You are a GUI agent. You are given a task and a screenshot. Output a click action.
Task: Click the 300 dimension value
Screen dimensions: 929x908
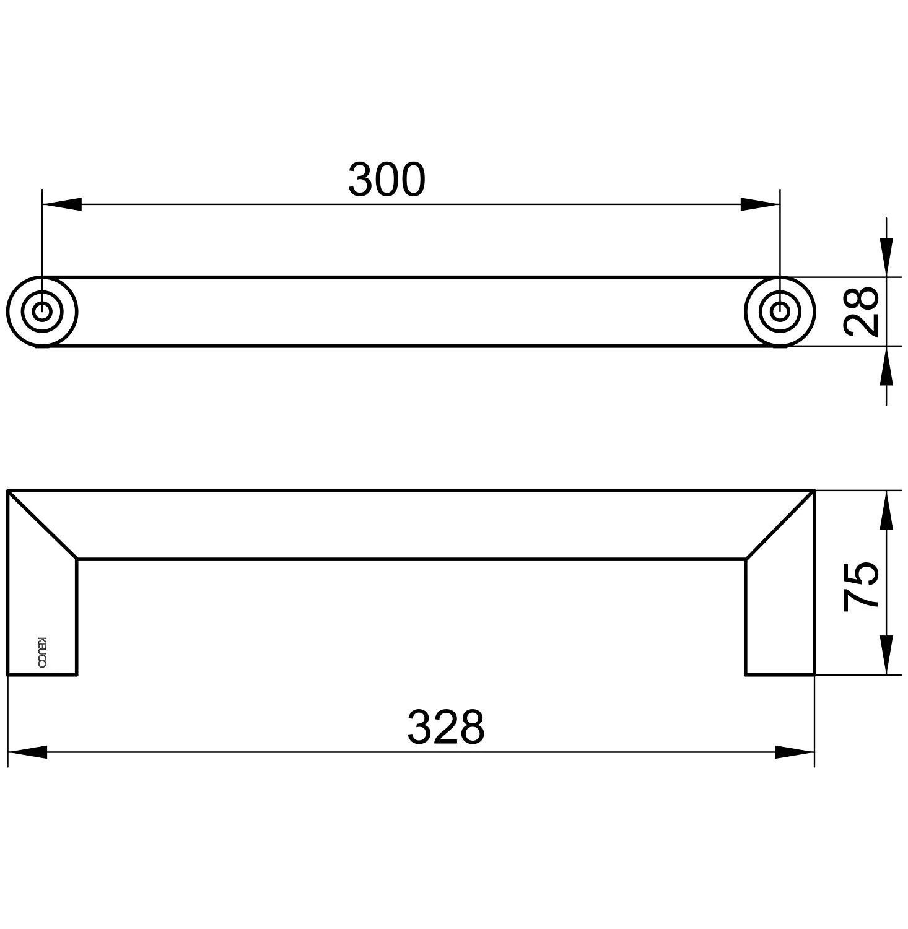coord(386,180)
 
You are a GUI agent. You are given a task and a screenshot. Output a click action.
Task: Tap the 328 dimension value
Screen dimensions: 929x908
coord(445,728)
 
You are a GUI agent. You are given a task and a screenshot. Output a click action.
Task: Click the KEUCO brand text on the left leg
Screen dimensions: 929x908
coord(42,652)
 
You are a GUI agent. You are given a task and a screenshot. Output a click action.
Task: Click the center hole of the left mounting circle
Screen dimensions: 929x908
coord(42,312)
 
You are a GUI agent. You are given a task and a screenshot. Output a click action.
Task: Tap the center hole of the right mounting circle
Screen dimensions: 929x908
coord(780,312)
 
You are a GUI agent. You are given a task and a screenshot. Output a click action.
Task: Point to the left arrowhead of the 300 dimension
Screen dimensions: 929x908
coord(62,204)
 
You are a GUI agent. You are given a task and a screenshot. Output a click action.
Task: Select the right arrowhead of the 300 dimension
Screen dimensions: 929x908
coord(760,204)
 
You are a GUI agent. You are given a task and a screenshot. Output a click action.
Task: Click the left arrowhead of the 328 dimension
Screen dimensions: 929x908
coord(27,752)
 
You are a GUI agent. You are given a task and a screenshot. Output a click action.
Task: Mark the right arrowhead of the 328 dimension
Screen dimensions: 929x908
coord(795,752)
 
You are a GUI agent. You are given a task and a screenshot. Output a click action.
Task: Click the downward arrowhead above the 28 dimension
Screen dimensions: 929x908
coord(886,257)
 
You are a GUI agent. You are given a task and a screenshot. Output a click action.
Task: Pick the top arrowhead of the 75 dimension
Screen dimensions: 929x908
coord(886,510)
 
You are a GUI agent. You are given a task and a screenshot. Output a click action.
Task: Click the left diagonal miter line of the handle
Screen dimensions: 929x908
coord(42,525)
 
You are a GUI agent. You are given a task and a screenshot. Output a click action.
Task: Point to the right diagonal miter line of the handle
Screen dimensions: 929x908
coord(780,525)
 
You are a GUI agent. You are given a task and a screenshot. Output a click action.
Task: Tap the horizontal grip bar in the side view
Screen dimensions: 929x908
coord(411,525)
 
